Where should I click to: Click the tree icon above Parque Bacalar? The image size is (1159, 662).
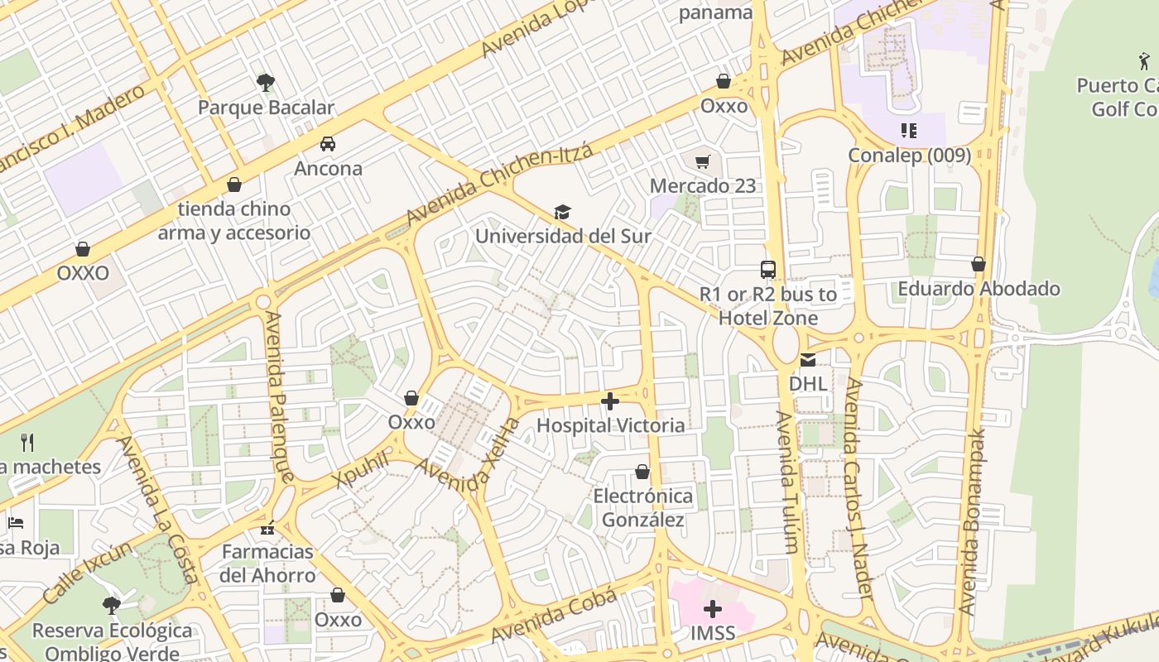(x=266, y=82)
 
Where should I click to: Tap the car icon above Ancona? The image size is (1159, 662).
(x=328, y=143)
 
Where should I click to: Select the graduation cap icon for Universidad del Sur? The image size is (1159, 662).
(x=563, y=212)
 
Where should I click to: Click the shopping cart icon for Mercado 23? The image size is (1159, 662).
(x=703, y=161)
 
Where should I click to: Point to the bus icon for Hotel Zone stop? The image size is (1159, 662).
(x=768, y=269)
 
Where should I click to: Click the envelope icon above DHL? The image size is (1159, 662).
(x=807, y=359)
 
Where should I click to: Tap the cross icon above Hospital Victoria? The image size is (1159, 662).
(x=610, y=401)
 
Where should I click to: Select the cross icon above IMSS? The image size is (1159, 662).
(x=712, y=610)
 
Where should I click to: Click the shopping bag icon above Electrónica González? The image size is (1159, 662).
(x=642, y=472)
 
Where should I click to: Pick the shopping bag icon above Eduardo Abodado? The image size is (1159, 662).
(x=979, y=265)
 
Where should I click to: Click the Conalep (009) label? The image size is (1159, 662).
(x=909, y=155)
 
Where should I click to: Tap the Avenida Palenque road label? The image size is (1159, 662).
(x=279, y=397)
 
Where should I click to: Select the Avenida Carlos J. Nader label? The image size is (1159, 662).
(x=858, y=488)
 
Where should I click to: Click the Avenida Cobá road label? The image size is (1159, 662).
(x=554, y=616)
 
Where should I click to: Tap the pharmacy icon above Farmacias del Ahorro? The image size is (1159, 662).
(x=267, y=527)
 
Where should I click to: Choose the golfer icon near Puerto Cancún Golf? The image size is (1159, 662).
(x=1144, y=60)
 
